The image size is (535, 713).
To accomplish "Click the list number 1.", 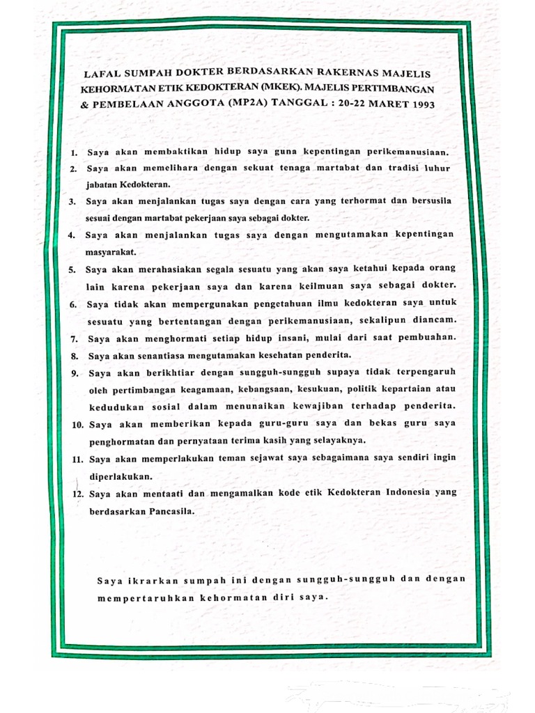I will tap(73, 152).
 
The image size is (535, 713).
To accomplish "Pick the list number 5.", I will tap(72, 269).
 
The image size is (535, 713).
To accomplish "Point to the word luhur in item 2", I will tap(435, 168).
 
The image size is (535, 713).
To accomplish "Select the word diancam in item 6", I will tap(433, 320).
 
